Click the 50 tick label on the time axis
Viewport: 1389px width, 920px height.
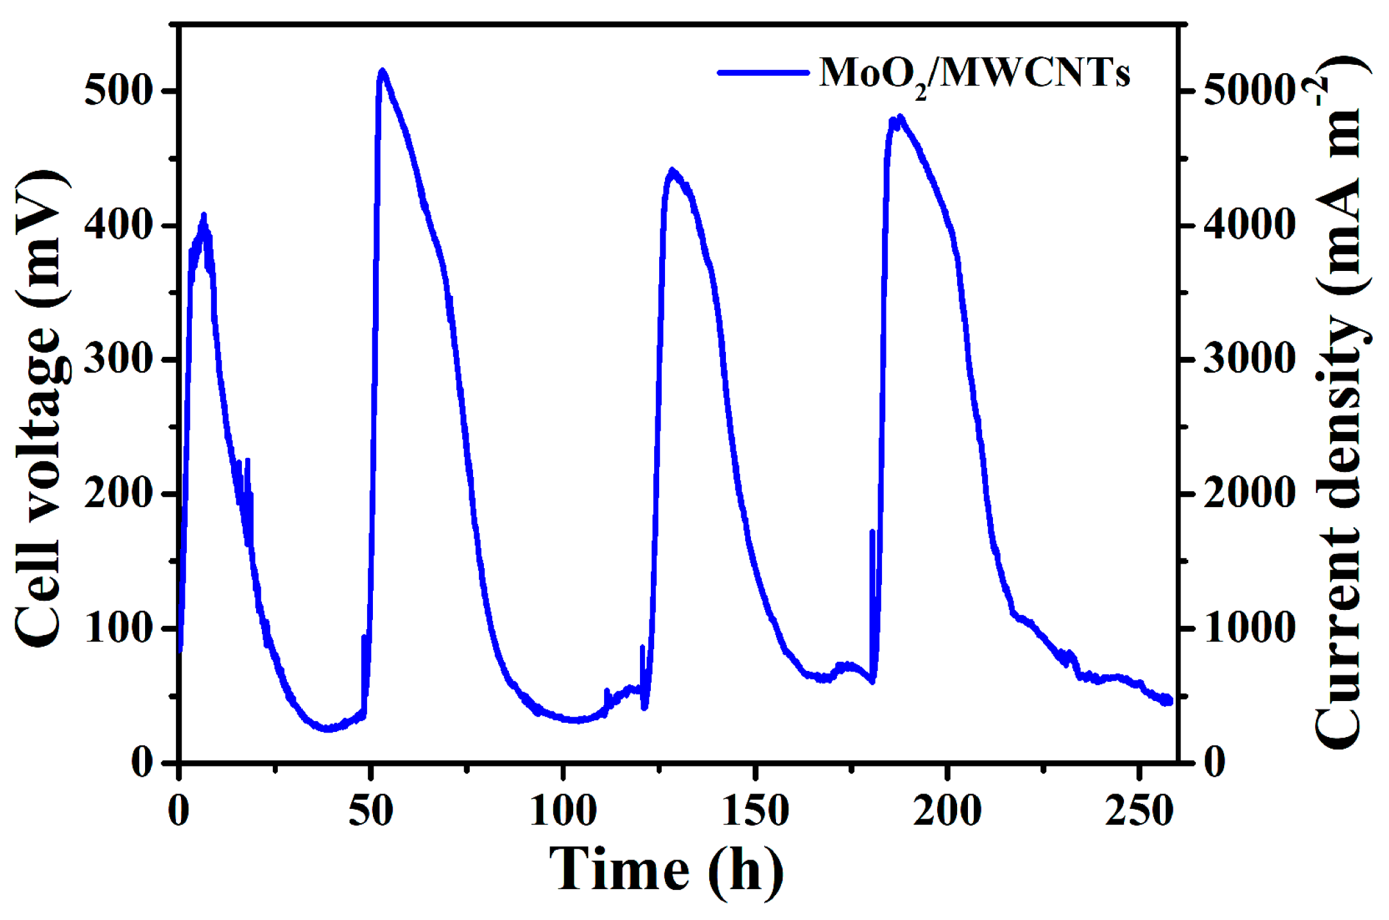pos(370,810)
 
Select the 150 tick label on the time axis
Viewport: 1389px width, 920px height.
pos(755,810)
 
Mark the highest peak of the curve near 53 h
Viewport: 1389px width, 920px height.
pos(383,71)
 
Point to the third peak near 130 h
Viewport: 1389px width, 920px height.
pos(672,170)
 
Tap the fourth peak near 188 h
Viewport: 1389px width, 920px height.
pos(901,117)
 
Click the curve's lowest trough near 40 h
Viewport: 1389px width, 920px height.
pos(329,729)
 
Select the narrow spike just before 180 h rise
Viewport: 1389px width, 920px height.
pos(872,532)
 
